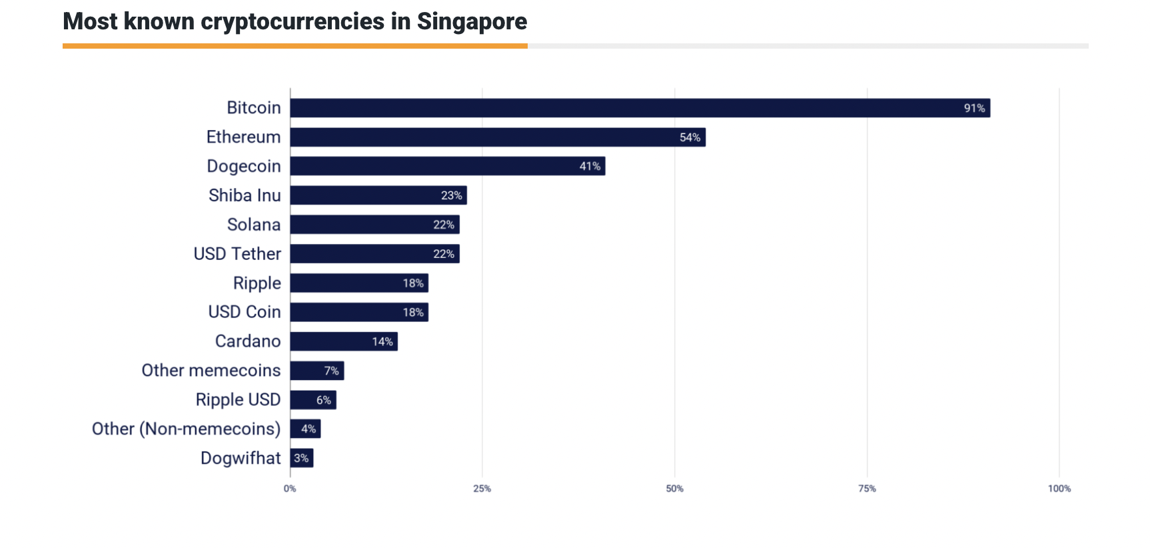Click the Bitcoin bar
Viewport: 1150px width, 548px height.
640,108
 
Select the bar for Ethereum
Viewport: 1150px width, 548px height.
498,137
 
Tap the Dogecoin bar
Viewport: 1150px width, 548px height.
448,166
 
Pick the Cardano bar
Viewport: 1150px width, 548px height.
344,341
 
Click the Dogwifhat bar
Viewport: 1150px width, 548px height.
302,458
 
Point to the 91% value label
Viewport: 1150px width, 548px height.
974,108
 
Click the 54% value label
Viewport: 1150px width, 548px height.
690,137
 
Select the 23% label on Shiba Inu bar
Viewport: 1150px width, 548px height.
451,195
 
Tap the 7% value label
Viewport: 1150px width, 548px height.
331,371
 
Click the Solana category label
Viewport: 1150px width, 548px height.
254,225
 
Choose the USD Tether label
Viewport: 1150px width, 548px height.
237,254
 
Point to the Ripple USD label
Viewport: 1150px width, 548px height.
238,400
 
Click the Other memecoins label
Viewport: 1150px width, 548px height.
211,371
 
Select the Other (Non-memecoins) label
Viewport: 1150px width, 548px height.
186,429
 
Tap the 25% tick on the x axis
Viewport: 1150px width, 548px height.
482,489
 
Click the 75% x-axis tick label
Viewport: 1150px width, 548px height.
867,489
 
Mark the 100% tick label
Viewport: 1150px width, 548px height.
1059,489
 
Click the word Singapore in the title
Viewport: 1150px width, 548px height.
472,22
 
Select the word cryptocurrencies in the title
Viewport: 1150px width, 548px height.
292,22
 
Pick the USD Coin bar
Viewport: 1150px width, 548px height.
359,312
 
